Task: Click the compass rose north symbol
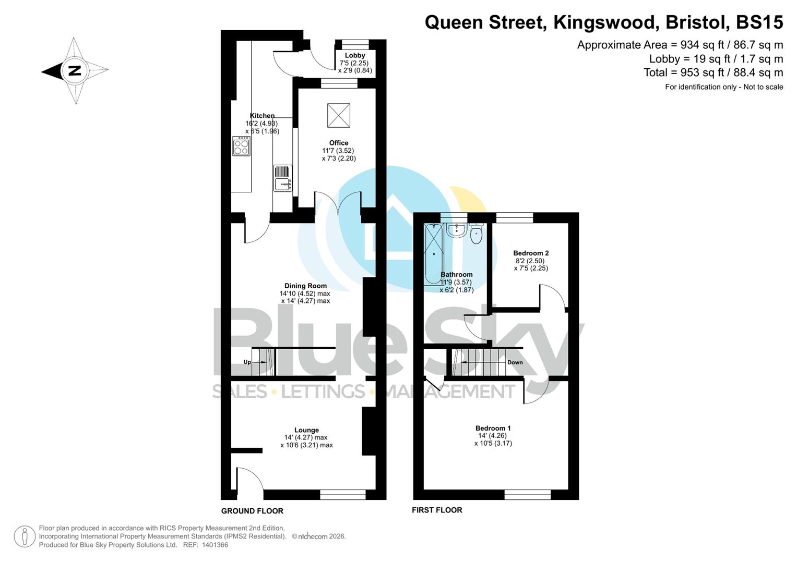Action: coord(75,70)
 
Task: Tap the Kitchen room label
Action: coord(262,116)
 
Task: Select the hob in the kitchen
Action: coord(241,146)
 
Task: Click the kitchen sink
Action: coord(282,184)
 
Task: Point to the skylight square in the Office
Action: coord(339,115)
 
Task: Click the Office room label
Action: coord(339,143)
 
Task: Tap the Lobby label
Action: coord(355,55)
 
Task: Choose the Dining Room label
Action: coord(305,286)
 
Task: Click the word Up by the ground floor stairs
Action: coord(247,362)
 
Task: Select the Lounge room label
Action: coord(306,430)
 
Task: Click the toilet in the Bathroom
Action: coord(476,235)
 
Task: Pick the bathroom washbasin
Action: coord(457,230)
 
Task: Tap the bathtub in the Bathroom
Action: coord(433,253)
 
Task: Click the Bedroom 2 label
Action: coord(531,253)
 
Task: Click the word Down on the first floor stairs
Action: coord(515,362)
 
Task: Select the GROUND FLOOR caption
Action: coord(252,511)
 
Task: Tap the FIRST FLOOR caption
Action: coord(437,510)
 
